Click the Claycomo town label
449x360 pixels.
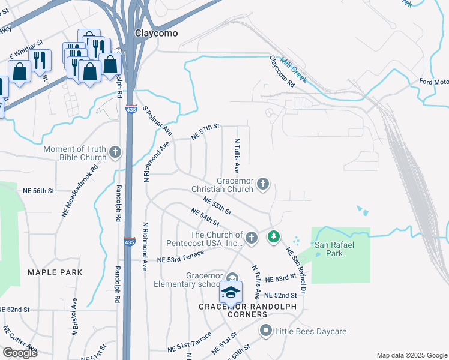coord(156,34)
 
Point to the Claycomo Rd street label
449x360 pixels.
coord(282,72)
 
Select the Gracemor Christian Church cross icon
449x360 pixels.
coord(263,184)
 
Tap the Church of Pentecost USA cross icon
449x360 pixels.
coord(252,238)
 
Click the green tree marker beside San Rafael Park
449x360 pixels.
coord(274,237)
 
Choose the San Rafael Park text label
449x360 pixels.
coord(329,249)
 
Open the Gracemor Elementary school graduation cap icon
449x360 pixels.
coord(231,292)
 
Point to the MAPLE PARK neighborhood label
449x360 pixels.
coord(55,272)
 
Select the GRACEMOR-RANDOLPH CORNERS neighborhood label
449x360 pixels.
coord(233,310)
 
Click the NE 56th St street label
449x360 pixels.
coord(39,190)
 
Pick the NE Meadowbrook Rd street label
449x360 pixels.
coord(79,191)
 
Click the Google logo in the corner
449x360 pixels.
coord(20,353)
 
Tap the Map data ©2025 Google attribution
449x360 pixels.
coord(411,355)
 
